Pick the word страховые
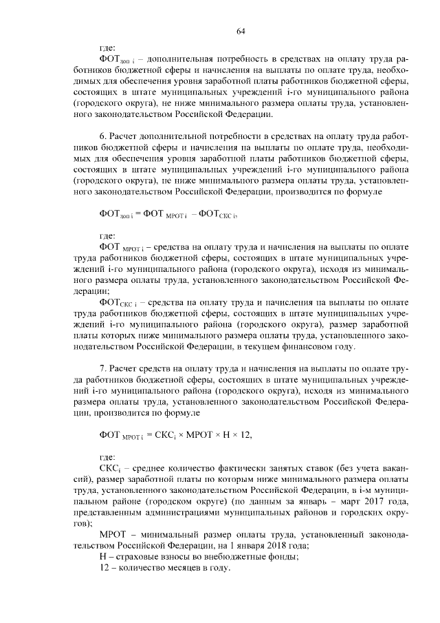point(138,558)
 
